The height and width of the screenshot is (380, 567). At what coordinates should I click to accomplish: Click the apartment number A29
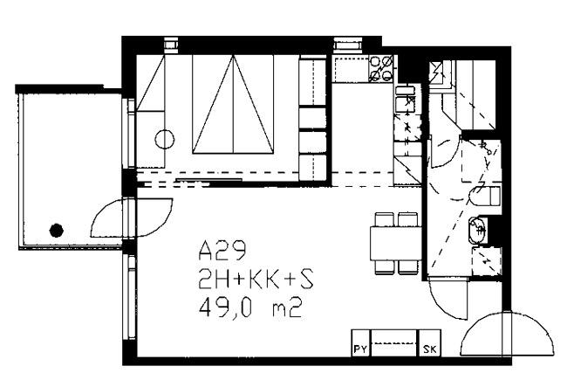click(222, 251)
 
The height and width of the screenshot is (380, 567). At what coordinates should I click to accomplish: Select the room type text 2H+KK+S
click(256, 280)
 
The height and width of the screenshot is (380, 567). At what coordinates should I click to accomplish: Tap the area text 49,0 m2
click(250, 308)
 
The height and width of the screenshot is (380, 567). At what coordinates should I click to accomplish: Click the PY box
click(360, 342)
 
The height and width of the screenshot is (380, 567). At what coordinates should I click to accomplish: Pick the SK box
click(430, 342)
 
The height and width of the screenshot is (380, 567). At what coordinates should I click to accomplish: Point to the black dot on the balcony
click(57, 230)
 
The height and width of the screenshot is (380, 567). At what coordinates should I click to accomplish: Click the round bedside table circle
click(165, 139)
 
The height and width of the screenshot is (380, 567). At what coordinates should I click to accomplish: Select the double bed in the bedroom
click(233, 104)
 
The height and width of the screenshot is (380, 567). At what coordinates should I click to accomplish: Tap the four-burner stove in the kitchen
click(381, 68)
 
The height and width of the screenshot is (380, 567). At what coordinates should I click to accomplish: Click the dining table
click(396, 243)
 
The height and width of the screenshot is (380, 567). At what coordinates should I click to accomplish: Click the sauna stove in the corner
click(439, 75)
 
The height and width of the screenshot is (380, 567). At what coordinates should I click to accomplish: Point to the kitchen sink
click(405, 98)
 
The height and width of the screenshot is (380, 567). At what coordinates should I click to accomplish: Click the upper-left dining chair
click(385, 219)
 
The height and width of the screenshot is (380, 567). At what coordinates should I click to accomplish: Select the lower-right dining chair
click(407, 267)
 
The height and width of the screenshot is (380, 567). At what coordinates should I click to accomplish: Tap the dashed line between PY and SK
click(394, 343)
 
